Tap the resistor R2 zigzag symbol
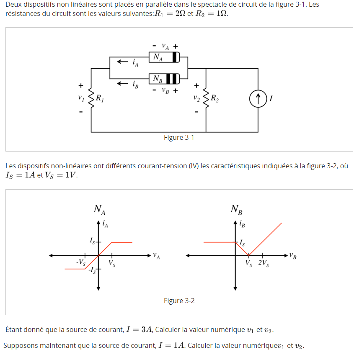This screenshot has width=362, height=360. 206,99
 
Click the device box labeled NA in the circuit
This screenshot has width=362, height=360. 164,57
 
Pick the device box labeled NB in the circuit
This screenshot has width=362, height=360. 164,78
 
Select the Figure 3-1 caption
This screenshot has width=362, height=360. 179,138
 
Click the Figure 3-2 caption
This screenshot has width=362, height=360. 179,301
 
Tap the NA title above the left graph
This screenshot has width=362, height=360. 99,209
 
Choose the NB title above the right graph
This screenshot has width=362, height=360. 236,209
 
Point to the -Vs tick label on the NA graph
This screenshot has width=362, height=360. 81,262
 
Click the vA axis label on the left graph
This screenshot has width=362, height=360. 156,256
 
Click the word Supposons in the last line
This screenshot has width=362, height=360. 21,346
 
